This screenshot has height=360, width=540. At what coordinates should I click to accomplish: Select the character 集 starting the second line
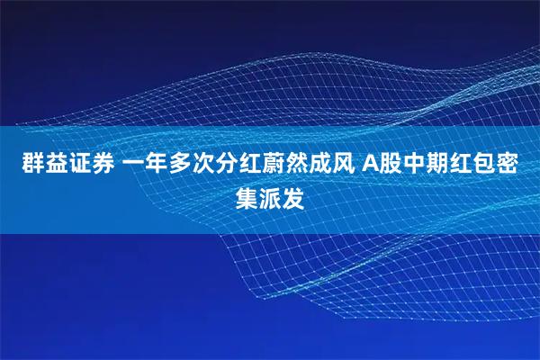[x=246, y=197]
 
